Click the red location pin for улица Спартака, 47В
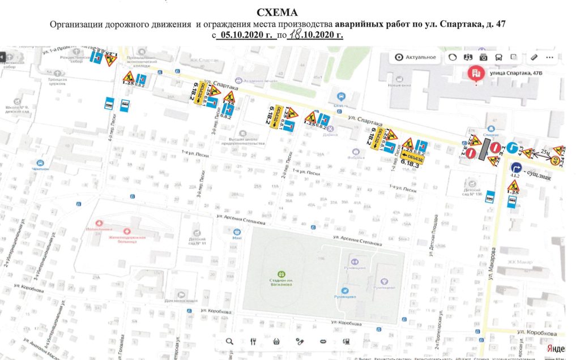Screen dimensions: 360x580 [x=475, y=74]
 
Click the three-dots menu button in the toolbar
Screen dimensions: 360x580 [x=549, y=57]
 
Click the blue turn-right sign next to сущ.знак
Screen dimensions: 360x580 [x=516, y=168]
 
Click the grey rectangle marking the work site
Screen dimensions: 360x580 [x=483, y=150]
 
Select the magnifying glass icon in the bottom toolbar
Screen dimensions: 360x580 [x=229, y=341]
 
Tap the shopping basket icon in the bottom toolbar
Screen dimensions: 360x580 [x=276, y=341]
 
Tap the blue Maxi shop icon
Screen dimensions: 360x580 [x=237, y=231]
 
